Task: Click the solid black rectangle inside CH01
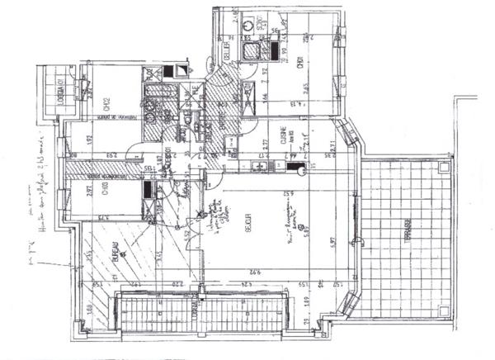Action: click(x=270, y=50)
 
